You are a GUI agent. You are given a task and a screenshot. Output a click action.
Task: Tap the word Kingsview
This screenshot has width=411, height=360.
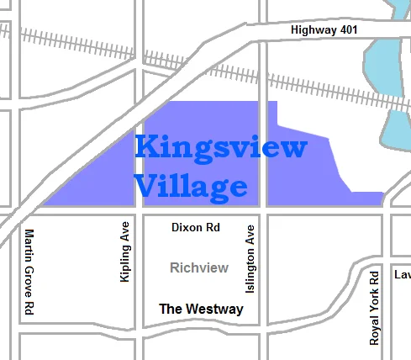220,148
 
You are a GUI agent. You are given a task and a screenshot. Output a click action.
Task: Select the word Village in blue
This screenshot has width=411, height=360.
191,186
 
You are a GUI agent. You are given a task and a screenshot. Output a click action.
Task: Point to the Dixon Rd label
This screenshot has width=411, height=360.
195,227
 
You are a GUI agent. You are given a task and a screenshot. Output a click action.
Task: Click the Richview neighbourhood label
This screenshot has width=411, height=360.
199,268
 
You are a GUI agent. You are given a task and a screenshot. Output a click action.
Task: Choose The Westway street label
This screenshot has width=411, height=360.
201,309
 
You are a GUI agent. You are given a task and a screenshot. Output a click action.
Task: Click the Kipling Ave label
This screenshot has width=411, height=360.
125,252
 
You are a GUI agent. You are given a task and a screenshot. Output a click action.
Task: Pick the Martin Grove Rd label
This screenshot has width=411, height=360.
29,273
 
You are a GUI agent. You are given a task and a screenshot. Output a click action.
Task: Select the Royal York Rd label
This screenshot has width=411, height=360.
375,307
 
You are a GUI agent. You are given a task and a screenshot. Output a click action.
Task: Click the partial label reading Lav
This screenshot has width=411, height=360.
402,275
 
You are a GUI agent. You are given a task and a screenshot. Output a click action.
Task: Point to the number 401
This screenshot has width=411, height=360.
348,30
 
